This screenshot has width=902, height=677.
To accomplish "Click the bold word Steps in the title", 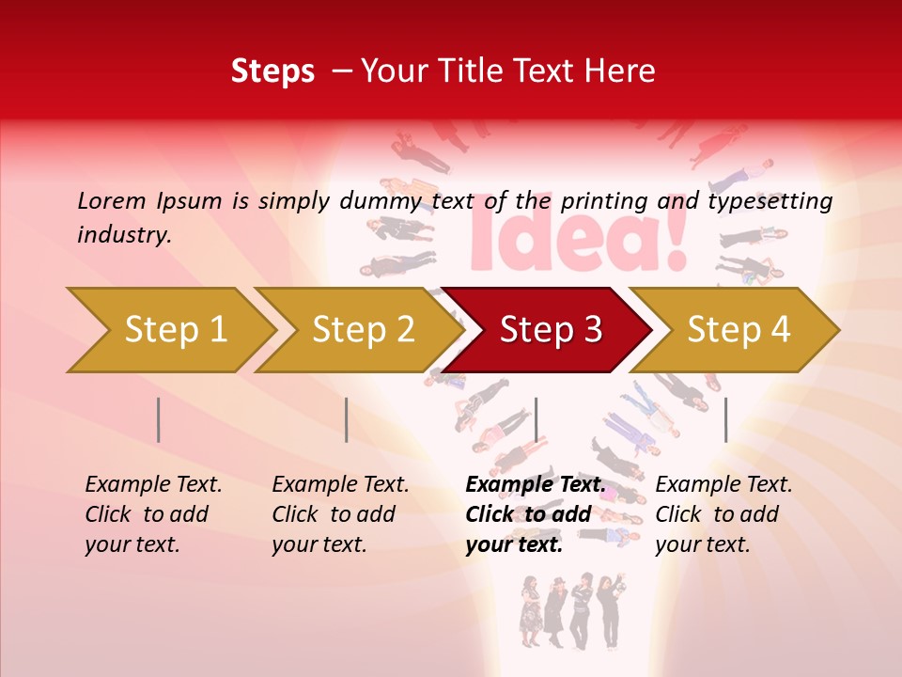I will pyautogui.click(x=272, y=71).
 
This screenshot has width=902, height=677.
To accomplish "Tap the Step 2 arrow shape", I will pyautogui.click(x=362, y=329).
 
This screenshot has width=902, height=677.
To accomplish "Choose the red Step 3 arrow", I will pyautogui.click(x=550, y=329).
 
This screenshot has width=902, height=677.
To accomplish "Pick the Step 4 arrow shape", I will pyautogui.click(x=739, y=329).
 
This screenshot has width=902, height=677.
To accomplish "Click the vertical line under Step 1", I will pyautogui.click(x=159, y=419).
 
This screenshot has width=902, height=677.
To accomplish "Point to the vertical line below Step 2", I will pyautogui.click(x=347, y=419).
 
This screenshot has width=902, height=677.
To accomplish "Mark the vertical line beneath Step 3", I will pyautogui.click(x=536, y=419).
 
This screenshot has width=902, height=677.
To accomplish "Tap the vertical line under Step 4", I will pyautogui.click(x=725, y=419).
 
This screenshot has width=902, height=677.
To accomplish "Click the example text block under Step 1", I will pyautogui.click(x=153, y=514).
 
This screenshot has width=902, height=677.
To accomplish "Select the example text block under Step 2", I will pyautogui.click(x=340, y=514).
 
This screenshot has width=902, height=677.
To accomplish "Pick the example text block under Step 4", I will pyautogui.click(x=723, y=514).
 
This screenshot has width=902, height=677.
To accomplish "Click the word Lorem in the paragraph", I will pyautogui.click(x=112, y=200).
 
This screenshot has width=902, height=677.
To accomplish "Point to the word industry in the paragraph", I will pyautogui.click(x=123, y=235).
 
